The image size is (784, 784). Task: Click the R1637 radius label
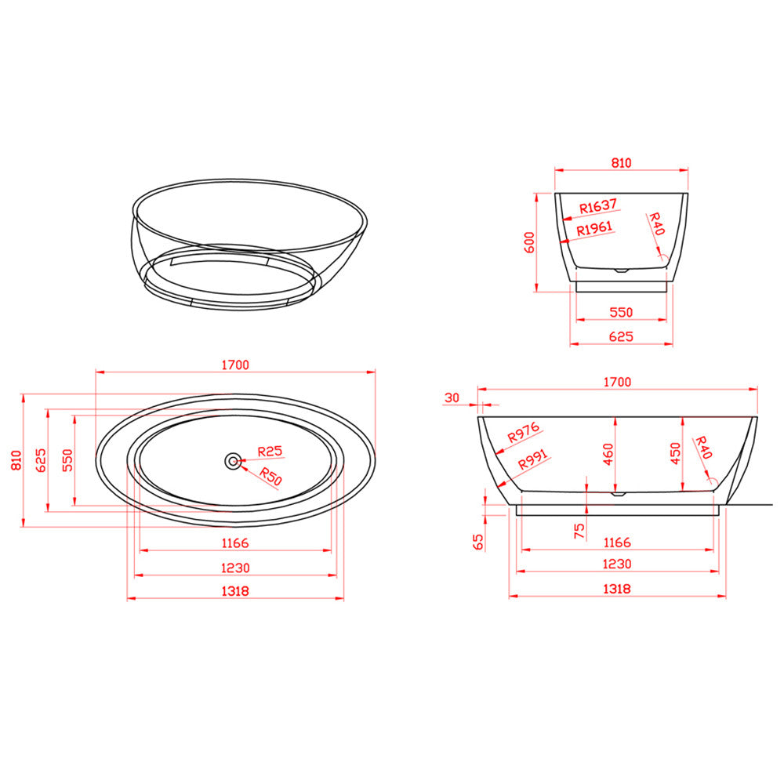pos(598,205)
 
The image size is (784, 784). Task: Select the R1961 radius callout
pos(594,229)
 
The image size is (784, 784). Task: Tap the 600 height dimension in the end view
pos(529,242)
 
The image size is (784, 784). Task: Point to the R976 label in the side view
pos(523,433)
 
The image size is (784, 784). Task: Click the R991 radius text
pos(533,459)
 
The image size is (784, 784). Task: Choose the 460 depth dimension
pos(608,454)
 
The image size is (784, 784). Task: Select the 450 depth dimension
pos(676,453)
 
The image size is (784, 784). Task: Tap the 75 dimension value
pos(579,531)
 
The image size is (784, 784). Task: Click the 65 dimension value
pos(478,542)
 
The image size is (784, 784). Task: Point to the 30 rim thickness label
pos(452,397)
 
